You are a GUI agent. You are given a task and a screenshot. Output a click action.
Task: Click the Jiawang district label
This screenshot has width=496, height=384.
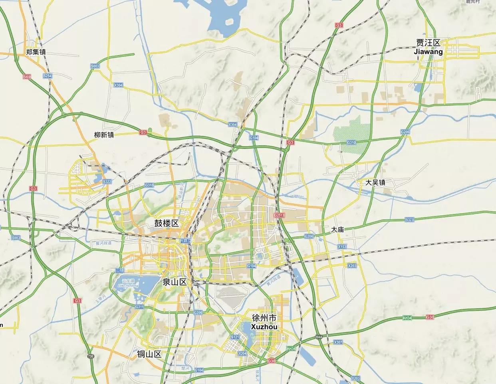[x=428, y=47]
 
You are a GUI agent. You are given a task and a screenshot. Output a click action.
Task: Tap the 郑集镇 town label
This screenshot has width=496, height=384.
[x=36, y=52]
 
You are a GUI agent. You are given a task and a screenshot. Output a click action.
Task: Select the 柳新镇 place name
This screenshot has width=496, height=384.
[x=104, y=135]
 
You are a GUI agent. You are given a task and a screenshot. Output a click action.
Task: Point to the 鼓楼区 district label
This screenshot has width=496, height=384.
[x=167, y=223]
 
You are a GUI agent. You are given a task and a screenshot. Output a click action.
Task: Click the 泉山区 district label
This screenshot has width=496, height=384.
[x=175, y=282]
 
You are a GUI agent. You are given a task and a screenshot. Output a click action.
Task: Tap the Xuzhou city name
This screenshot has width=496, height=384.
[x=264, y=322]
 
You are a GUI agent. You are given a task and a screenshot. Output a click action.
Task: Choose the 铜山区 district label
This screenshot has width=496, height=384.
[x=149, y=354]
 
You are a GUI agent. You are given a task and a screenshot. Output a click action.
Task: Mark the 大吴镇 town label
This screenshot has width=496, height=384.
[x=375, y=182]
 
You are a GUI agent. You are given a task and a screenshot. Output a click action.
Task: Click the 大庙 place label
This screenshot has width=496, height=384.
[x=337, y=230]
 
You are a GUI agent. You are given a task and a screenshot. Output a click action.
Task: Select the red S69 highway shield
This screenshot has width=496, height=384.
[x=27, y=76]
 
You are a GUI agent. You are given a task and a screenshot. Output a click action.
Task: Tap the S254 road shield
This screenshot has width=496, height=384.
[x=48, y=76]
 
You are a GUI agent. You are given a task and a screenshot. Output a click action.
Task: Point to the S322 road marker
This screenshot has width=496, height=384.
[x=107, y=182]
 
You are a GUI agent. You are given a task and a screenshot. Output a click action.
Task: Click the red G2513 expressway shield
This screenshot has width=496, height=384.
[x=279, y=215]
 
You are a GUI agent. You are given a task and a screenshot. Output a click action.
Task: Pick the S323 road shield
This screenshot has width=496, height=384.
[x=409, y=220]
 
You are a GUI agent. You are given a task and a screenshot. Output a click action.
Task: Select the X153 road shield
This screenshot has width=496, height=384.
[x=342, y=247]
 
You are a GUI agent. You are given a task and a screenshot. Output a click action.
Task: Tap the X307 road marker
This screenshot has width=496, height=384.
[x=338, y=342]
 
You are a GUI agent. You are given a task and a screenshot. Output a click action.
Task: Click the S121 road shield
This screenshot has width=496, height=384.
[x=234, y=337]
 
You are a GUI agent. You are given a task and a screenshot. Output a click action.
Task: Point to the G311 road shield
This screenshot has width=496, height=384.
[x=139, y=307]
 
